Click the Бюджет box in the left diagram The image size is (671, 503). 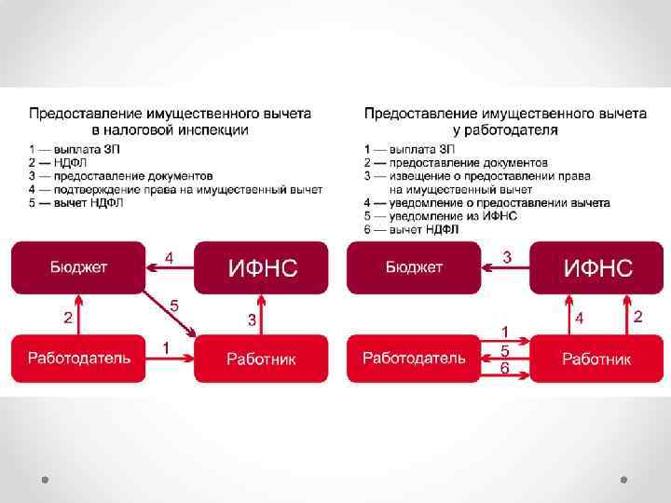[78, 267]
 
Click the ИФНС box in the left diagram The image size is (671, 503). [262, 268]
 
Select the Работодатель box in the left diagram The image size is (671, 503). [78, 358]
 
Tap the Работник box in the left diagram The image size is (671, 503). [262, 359]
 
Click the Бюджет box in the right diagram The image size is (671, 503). [414, 267]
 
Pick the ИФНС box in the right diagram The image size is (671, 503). [597, 268]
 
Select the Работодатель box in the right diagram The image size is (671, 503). [414, 358]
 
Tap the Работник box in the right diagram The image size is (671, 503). [597, 359]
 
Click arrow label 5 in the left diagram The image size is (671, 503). [174, 305]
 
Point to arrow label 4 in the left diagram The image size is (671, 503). [169, 256]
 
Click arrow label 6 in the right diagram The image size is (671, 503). [505, 369]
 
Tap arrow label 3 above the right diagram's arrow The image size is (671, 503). [506, 256]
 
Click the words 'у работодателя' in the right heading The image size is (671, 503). [506, 129]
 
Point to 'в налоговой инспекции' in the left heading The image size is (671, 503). [170, 129]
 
